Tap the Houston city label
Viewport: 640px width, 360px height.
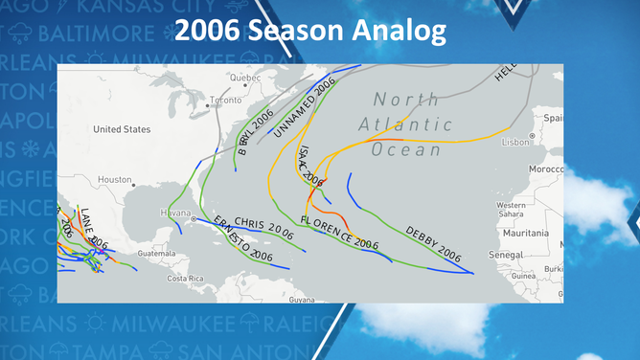[x=115, y=179]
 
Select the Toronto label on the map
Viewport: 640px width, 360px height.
[x=226, y=100]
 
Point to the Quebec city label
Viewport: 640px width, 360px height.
[x=245, y=77]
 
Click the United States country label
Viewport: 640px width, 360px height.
[x=122, y=129]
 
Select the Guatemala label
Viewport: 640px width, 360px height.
[x=157, y=254]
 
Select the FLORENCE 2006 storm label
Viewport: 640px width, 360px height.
[x=339, y=234]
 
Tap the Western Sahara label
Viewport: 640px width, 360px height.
[x=510, y=210]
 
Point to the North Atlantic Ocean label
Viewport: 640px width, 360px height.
[x=406, y=124]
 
